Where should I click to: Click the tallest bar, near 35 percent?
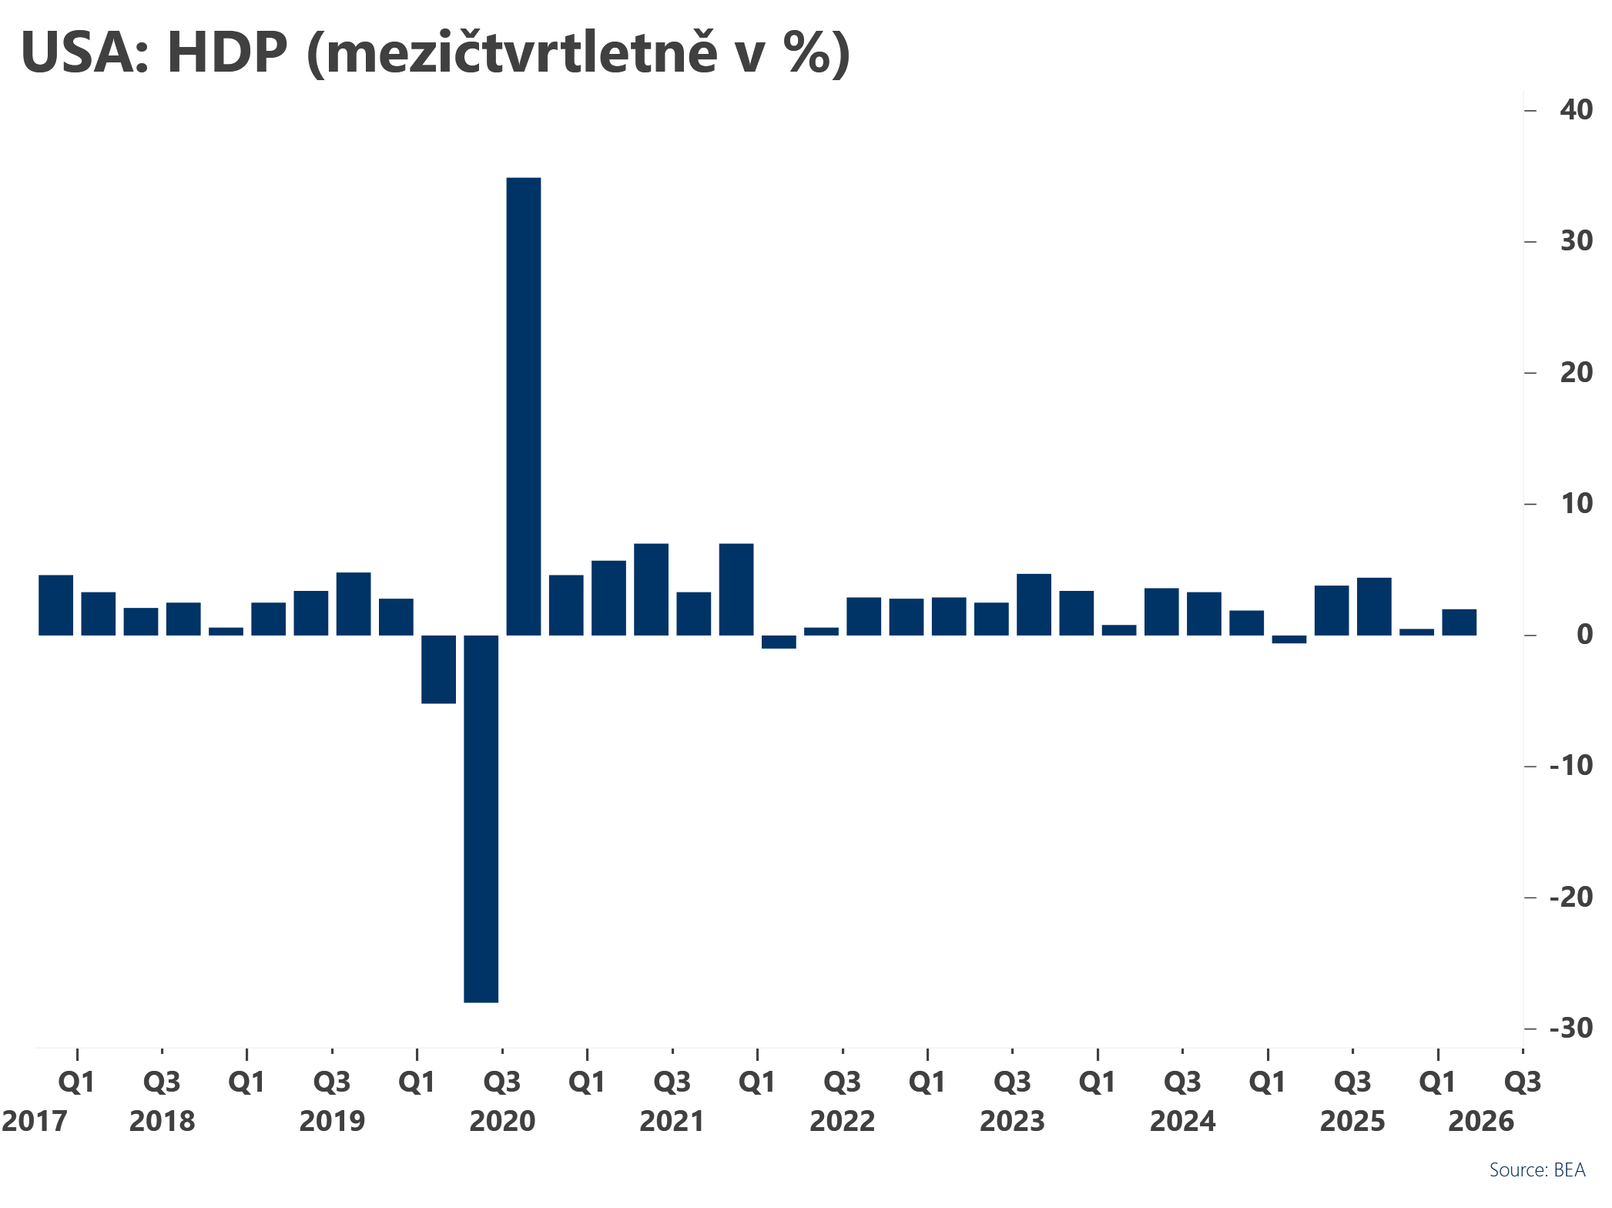click(523, 406)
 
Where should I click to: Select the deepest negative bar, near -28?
click(481, 818)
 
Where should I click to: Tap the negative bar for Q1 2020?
click(438, 669)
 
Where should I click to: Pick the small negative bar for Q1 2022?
click(779, 642)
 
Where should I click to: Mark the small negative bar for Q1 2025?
click(1289, 639)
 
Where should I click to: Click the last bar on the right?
click(1459, 622)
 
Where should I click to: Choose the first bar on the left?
click(55, 605)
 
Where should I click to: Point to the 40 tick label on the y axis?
click(1576, 109)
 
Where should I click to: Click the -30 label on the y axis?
click(1570, 1028)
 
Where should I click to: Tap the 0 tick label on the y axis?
click(1584, 635)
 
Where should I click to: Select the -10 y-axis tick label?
click(1570, 766)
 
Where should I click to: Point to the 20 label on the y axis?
click(1576, 372)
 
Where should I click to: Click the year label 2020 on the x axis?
click(502, 1121)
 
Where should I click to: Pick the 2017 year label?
click(35, 1121)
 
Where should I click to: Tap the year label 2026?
click(1480, 1121)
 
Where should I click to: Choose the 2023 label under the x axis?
click(1012, 1121)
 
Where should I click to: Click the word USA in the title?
click(79, 52)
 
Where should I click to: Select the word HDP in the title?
click(226, 52)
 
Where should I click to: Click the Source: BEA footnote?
click(1537, 1170)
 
